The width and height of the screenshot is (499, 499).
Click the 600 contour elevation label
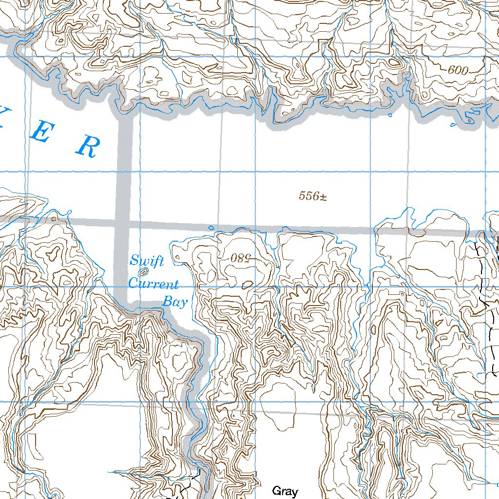458,71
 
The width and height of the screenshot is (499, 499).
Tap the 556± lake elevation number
312,196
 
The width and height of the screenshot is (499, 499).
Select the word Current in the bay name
153,284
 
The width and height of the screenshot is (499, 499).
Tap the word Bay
174,302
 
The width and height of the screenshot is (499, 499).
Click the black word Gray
285,491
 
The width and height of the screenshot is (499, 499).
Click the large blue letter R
88,146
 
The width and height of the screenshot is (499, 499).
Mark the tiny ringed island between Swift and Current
143,272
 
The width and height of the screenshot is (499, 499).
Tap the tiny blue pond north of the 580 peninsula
211,228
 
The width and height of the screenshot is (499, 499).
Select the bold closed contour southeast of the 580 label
248,284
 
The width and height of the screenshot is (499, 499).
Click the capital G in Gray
276,491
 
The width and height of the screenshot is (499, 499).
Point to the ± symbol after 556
323,196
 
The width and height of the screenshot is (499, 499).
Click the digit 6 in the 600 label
451,71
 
